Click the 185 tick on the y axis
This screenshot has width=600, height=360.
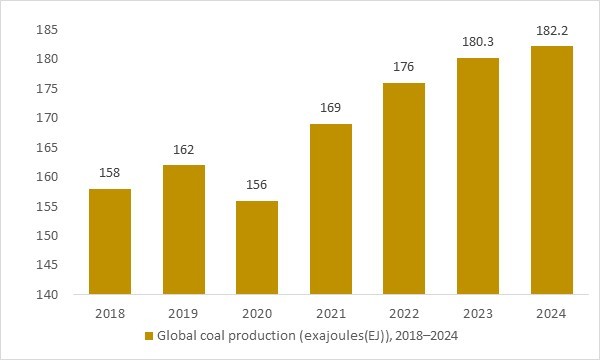pos(48,29)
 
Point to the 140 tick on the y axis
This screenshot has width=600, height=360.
pos(48,295)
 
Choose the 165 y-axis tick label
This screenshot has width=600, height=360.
pos(48,147)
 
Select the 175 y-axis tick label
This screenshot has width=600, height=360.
pos(48,88)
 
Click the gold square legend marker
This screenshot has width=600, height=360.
pos(149,336)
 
